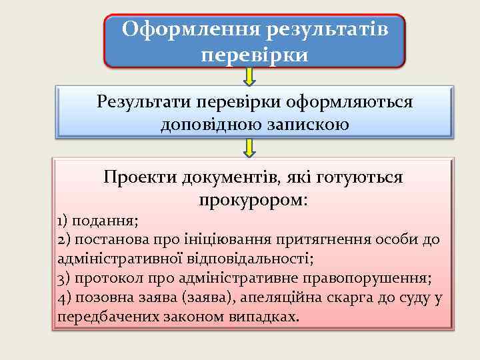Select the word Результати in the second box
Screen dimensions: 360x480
[x=141, y=103]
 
